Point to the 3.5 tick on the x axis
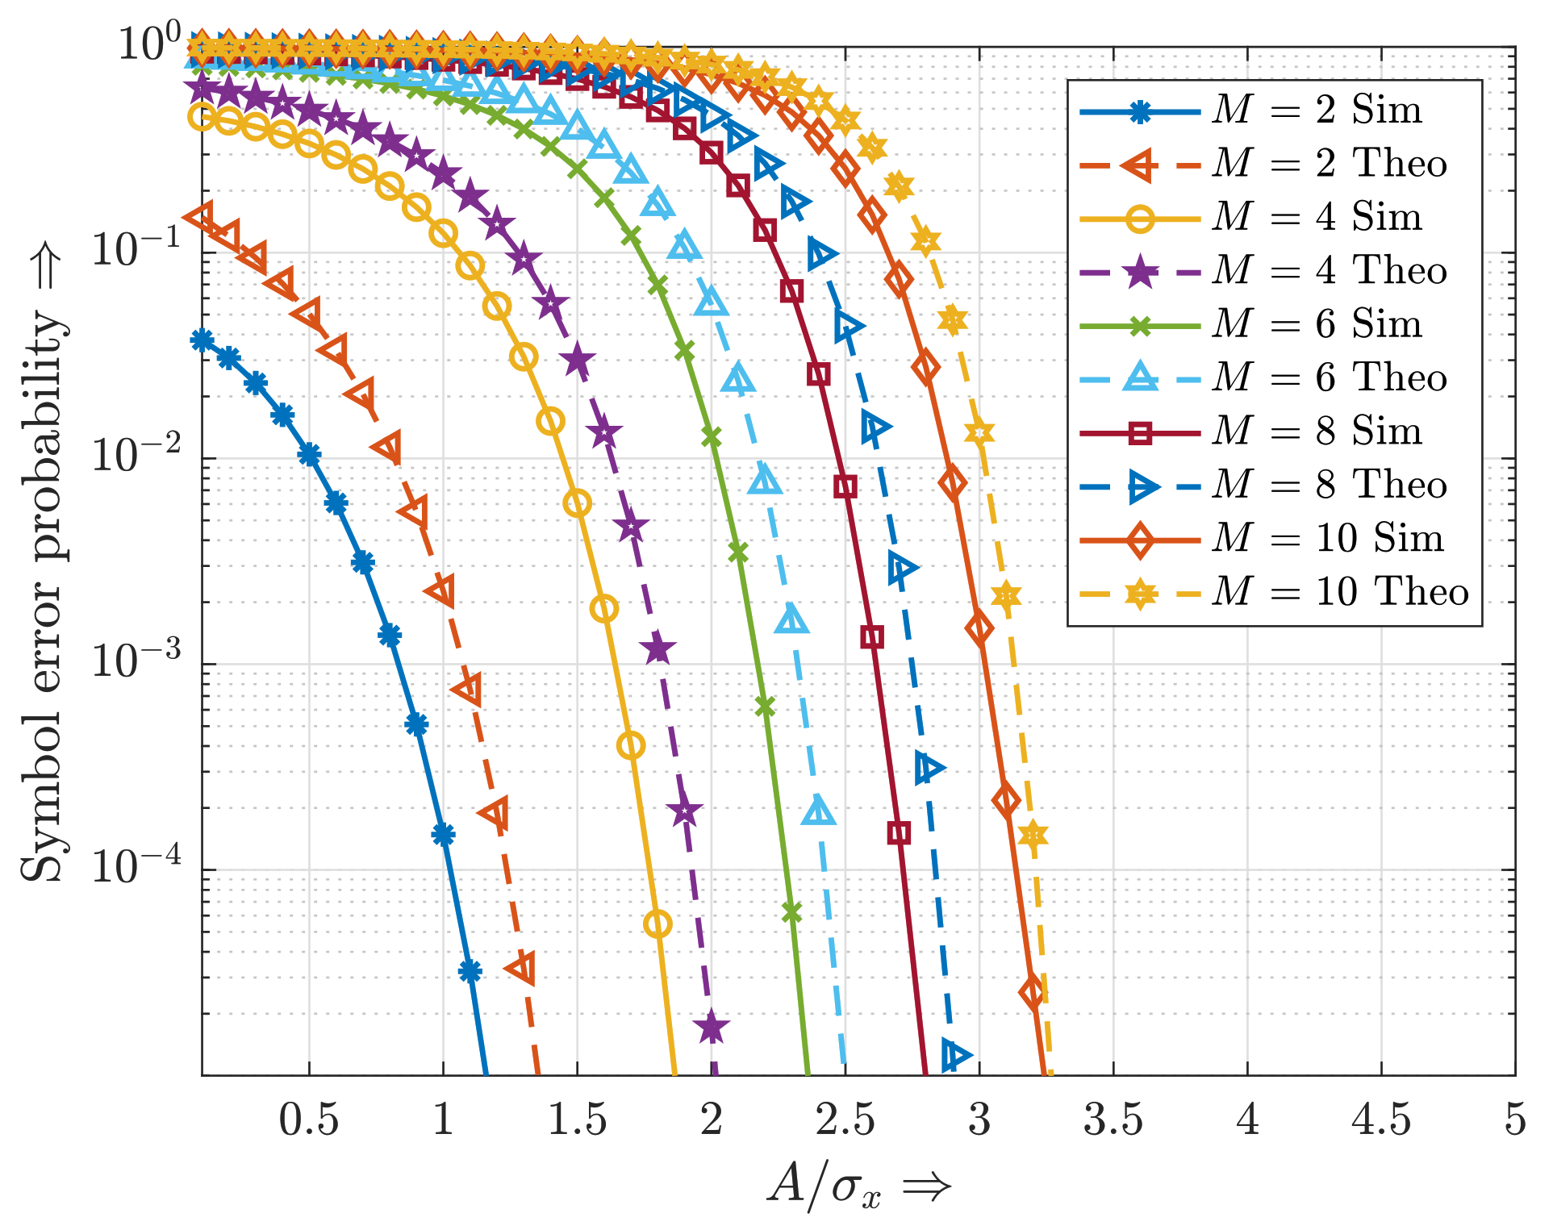coord(1113,1120)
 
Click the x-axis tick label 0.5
coord(309,1120)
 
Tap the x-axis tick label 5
coord(1514,1120)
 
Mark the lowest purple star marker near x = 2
coord(711,1028)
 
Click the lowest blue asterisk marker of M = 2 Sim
coord(470,971)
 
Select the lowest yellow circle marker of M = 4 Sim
coord(658,924)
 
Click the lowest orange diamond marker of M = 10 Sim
coord(1033,993)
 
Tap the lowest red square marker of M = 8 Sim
coord(899,832)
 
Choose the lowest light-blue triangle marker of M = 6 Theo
coord(819,811)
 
